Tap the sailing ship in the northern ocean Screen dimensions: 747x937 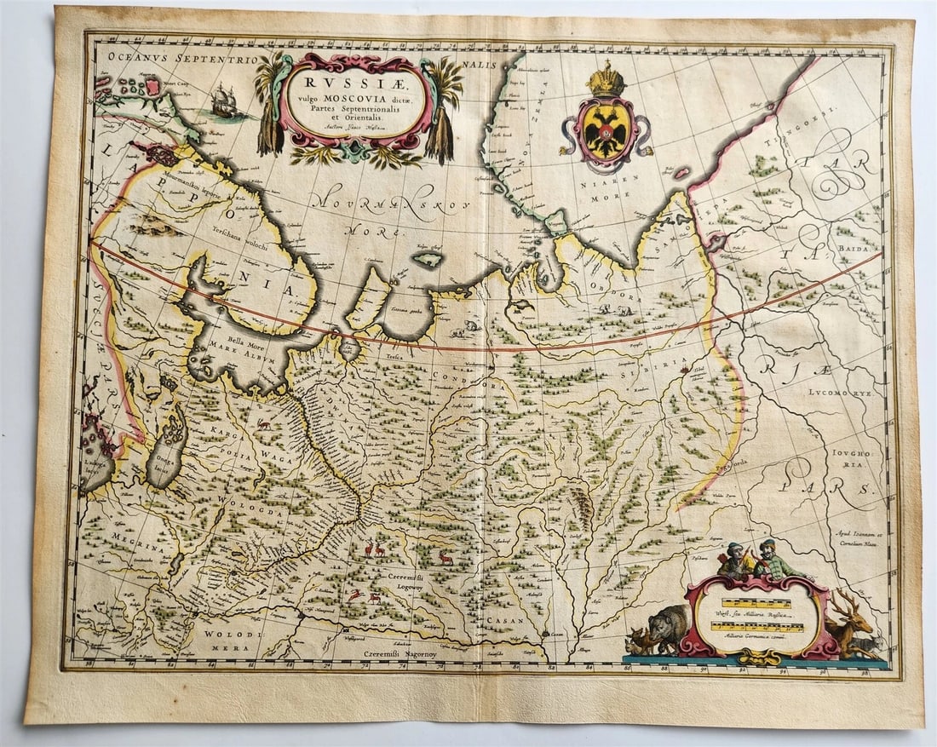point(224,103)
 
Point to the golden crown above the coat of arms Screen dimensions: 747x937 point(606,79)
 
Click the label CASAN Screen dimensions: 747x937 point(505,621)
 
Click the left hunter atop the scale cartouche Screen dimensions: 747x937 point(733,559)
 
